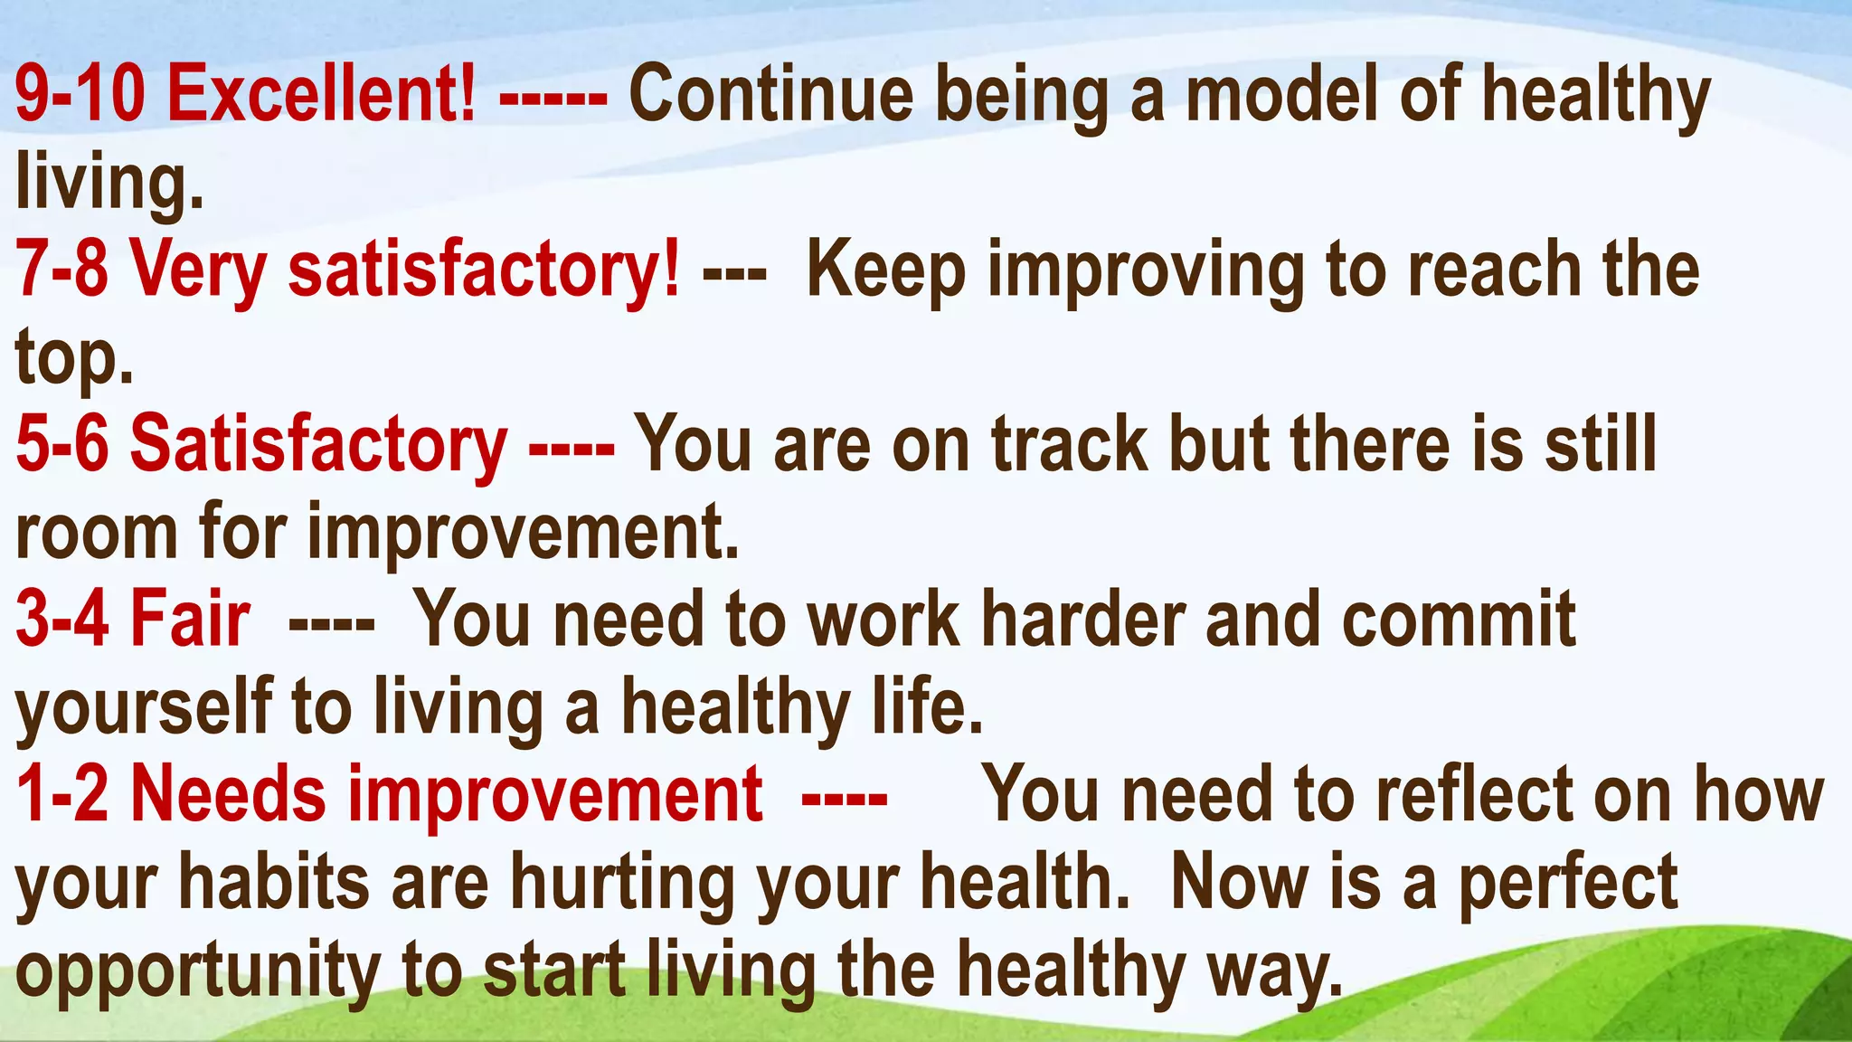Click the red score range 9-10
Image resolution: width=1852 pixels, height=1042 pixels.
pyautogui.click(x=80, y=95)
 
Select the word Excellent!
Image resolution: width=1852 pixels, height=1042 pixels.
pyautogui.click(x=321, y=95)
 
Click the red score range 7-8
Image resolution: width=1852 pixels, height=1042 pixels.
pyautogui.click(x=61, y=270)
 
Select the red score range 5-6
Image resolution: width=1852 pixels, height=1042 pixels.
pyautogui.click(x=61, y=443)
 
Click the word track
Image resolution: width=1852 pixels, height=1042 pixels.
pyautogui.click(x=1069, y=443)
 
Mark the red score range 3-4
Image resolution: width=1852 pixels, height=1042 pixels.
pyautogui.click(x=61, y=619)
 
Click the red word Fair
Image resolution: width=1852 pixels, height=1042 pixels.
pyautogui.click(x=190, y=619)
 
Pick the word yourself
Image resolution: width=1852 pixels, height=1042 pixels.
pyautogui.click(x=144, y=707)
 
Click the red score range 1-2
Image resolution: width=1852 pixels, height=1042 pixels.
pyautogui.click(x=61, y=794)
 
